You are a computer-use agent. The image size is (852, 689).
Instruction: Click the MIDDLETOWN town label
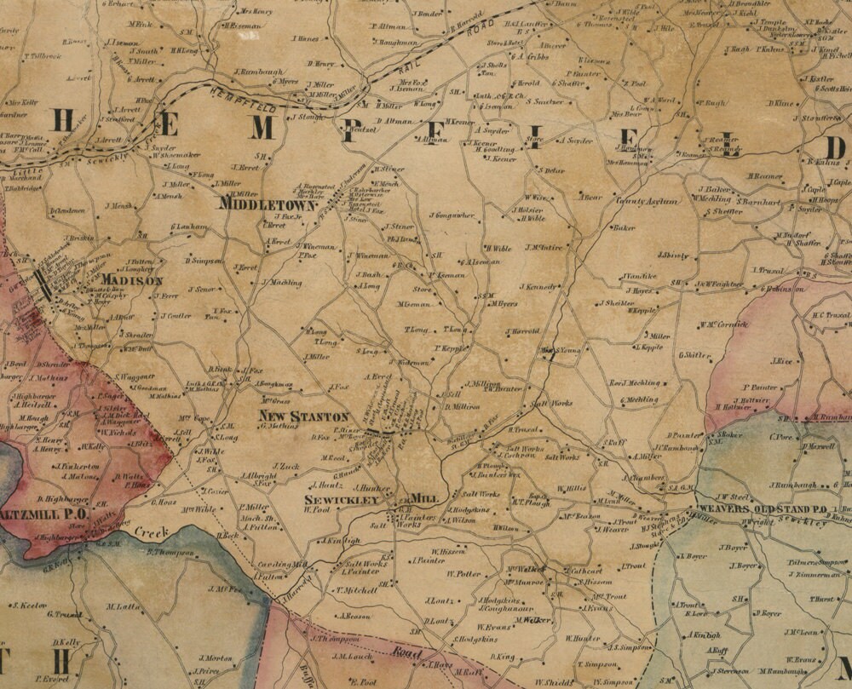coord(267,204)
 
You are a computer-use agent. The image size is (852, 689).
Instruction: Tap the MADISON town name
coord(131,280)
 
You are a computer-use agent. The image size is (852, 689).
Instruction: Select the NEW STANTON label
coord(304,416)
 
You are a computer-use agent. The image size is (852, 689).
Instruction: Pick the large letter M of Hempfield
coord(263,128)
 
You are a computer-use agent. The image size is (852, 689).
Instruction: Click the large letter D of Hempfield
coord(835,148)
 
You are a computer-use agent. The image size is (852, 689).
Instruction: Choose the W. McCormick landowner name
coord(723,324)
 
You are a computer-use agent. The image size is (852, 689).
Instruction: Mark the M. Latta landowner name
coord(124,606)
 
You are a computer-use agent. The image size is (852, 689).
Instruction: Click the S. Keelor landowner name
coord(29,606)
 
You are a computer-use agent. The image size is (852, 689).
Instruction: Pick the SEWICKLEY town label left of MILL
coord(342,500)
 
